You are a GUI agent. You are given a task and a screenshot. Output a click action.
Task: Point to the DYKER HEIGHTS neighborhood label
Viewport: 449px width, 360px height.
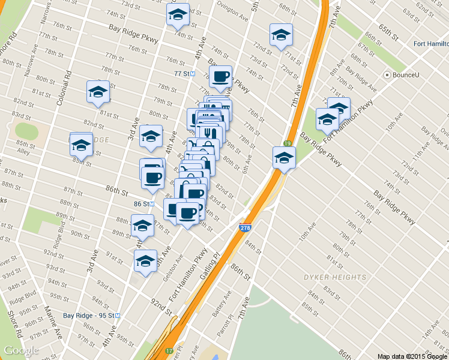334,277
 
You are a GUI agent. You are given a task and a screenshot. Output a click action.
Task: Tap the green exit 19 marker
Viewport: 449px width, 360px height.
288,143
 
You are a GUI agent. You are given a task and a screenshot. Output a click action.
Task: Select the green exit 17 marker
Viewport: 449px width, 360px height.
170,350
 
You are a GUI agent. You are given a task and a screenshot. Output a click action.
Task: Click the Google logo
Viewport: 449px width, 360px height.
21,350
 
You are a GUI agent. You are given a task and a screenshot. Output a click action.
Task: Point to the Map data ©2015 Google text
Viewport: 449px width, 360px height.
412,356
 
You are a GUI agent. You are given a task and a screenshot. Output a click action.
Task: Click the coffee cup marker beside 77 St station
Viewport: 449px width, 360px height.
221,76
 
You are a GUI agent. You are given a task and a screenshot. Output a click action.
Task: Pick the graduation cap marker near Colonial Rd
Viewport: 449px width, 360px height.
98,92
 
